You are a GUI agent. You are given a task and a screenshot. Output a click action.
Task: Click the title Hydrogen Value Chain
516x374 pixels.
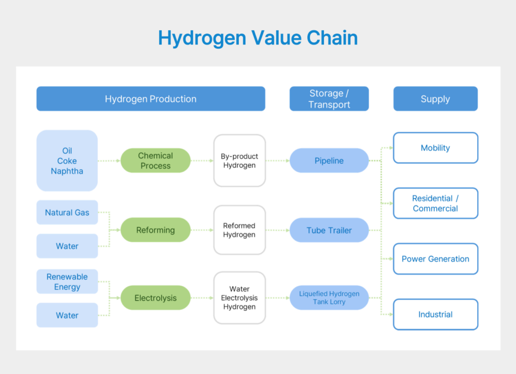coord(257,38)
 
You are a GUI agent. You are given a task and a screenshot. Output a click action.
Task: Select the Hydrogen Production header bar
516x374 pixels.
coord(151,99)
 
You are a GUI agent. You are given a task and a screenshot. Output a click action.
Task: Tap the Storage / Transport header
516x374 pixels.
coord(329,99)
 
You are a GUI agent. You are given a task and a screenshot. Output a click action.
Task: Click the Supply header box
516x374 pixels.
coord(435,99)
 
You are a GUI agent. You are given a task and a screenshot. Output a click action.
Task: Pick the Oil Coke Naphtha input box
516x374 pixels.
coord(67,161)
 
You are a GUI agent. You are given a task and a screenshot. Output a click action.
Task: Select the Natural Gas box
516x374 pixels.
coord(67,212)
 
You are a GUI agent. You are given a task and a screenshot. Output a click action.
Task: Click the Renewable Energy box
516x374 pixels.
coord(67,282)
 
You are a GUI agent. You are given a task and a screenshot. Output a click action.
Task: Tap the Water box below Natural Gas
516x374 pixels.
coord(67,246)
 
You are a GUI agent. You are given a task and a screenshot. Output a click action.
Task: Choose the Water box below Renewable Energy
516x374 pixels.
coord(67,315)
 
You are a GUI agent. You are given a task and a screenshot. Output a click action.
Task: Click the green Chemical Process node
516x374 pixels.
coord(156,161)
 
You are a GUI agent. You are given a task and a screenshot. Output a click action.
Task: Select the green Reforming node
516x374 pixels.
coord(156,230)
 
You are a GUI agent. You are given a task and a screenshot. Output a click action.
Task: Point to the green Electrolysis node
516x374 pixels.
coord(156,298)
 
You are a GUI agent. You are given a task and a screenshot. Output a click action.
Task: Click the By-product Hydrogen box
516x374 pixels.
coord(239,161)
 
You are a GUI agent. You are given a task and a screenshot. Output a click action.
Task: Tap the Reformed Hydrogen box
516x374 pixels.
coord(239,230)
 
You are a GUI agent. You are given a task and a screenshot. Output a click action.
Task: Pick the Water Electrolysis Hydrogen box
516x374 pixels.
coord(239,298)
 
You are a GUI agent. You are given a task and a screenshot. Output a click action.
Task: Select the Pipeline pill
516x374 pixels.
coord(329,161)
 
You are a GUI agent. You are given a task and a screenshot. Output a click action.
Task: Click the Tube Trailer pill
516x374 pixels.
coord(329,231)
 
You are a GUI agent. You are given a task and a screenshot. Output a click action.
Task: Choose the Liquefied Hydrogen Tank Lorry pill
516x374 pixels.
coord(329,298)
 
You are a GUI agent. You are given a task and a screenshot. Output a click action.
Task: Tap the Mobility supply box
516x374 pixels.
coord(435,148)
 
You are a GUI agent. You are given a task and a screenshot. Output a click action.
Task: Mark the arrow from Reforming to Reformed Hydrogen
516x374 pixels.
coord(202,230)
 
